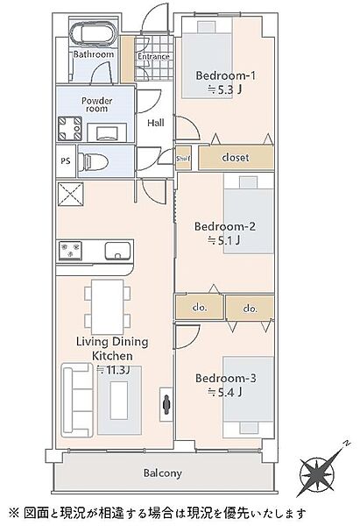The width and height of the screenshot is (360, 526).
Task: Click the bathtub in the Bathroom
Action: point(94,33)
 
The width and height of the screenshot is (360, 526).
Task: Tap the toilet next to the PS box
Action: point(93,162)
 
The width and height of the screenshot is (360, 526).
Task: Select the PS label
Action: point(66,161)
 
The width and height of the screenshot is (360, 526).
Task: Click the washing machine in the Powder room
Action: point(70,129)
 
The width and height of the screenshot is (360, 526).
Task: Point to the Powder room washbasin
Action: point(107,132)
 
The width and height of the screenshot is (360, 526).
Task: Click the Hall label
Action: point(156,123)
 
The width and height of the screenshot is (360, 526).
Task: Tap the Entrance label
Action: point(153,57)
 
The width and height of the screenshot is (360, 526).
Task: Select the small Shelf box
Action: point(183,158)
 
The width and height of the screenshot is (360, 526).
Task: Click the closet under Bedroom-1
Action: point(236,157)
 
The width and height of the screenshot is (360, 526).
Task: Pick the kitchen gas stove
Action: point(70,251)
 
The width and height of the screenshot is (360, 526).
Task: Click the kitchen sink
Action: point(117,251)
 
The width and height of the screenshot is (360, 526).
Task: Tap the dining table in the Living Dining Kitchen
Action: point(107,307)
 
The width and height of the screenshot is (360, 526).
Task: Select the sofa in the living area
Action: point(77,400)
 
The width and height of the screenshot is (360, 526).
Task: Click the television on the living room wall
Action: point(166,404)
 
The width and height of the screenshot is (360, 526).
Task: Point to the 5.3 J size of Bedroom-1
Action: point(224,89)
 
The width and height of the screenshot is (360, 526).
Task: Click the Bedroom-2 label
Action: point(225,226)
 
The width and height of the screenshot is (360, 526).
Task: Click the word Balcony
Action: point(163,473)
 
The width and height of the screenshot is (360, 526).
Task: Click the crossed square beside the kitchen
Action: point(70,195)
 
